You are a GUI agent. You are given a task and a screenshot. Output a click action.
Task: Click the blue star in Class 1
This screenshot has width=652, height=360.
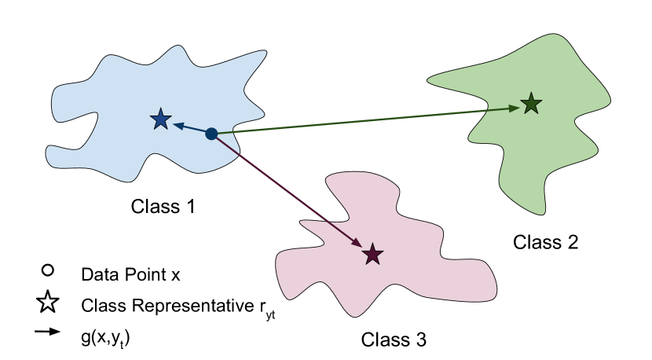point(160,119)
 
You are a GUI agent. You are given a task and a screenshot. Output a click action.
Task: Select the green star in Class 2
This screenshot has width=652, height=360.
point(532,103)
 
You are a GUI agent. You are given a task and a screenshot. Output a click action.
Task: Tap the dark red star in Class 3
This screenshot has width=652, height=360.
point(372,253)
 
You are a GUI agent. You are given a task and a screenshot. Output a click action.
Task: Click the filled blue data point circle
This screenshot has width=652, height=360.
point(211,134)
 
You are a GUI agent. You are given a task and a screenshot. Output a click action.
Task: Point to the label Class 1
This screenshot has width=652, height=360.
point(163,208)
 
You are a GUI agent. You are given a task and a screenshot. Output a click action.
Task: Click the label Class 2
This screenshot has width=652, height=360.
point(546,242)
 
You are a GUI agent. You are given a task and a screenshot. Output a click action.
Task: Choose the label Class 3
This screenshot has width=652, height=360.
point(394,340)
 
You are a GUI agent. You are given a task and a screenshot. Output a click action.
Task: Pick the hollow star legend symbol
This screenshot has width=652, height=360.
point(48,301)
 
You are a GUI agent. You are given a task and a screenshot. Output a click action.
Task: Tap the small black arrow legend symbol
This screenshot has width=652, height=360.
point(48,332)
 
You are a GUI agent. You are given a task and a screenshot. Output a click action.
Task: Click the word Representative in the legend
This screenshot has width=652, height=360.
point(176,304)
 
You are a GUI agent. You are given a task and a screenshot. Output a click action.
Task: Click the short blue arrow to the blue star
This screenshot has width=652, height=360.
point(192,128)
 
